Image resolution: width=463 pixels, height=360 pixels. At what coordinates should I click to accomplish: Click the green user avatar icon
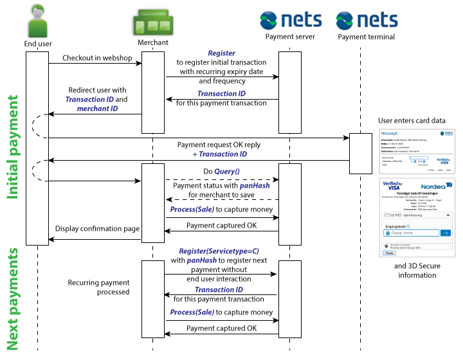[x=38, y=21]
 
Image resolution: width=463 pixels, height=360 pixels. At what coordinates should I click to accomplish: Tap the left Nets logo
[x=290, y=21]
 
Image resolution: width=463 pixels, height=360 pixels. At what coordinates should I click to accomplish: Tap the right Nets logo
[x=366, y=21]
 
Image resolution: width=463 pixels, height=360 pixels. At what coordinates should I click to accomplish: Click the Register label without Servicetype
[x=221, y=53]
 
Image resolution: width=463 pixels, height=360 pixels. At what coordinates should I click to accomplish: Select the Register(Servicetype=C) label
[x=219, y=251]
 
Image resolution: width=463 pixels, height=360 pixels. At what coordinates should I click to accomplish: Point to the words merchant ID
[x=97, y=109]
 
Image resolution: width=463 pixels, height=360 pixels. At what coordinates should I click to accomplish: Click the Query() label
[x=226, y=172]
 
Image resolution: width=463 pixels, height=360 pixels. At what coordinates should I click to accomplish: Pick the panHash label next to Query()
[x=255, y=186]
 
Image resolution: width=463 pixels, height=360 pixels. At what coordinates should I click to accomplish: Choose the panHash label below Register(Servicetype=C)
[x=202, y=261]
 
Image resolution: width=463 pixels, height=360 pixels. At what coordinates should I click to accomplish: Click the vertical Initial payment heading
[x=12, y=147]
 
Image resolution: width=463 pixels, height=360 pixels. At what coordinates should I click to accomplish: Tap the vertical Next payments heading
[x=12, y=299]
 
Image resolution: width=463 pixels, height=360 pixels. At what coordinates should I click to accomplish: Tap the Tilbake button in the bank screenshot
[x=388, y=253]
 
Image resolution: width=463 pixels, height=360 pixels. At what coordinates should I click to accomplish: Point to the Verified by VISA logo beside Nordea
[x=391, y=186]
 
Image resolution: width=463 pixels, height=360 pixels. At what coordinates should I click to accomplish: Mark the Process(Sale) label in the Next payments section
[x=192, y=312]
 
